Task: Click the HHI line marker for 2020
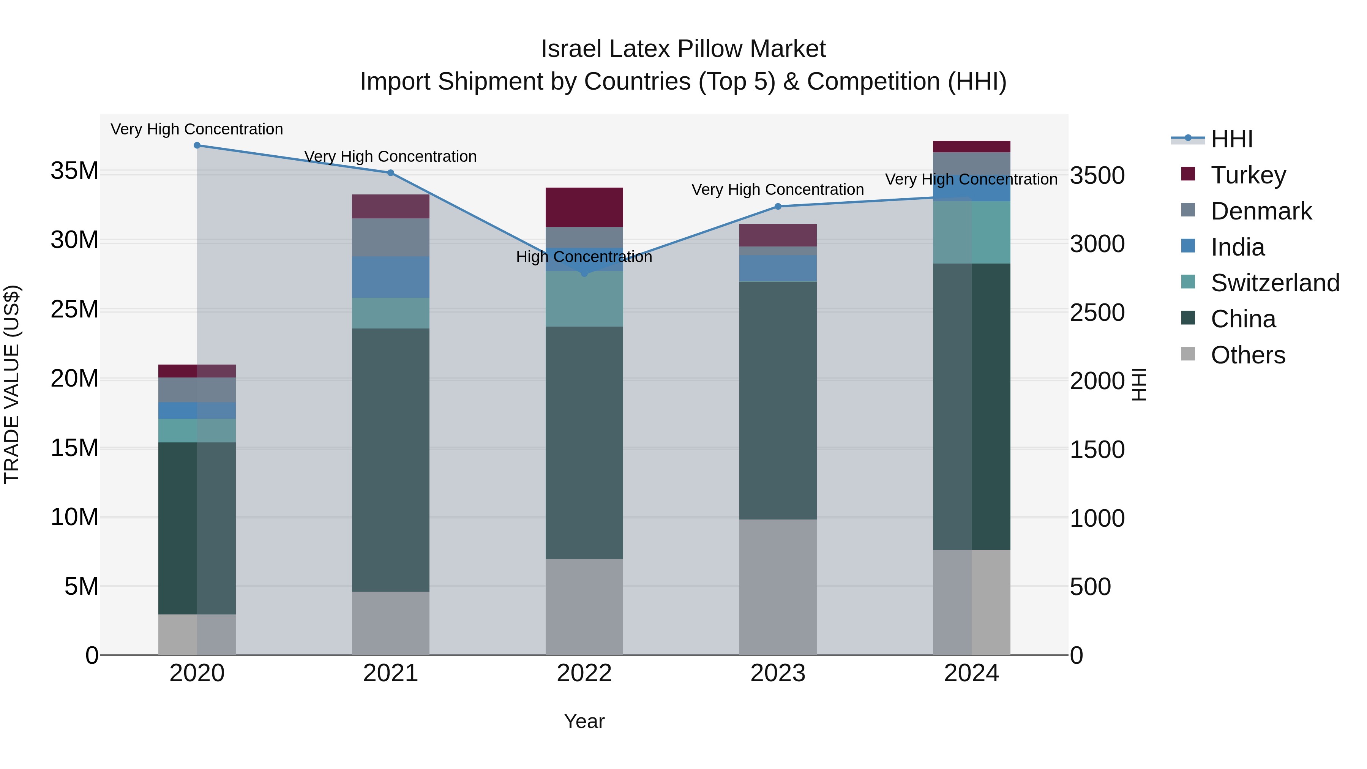pyautogui.click(x=197, y=145)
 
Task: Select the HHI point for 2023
pyautogui.click(x=778, y=207)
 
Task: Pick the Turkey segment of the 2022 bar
pyautogui.click(x=584, y=207)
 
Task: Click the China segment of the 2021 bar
pyautogui.click(x=391, y=460)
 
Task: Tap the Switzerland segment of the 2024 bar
pyautogui.click(x=972, y=232)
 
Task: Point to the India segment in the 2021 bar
pyautogui.click(x=391, y=277)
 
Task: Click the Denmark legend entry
pyautogui.click(x=1261, y=211)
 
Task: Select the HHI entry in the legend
pyautogui.click(x=1231, y=139)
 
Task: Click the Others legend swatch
pyautogui.click(x=1188, y=354)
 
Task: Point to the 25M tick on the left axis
pyautogui.click(x=75, y=309)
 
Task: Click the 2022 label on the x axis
pyautogui.click(x=584, y=673)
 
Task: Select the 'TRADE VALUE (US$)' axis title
pyautogui.click(x=12, y=384)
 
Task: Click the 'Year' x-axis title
pyautogui.click(x=584, y=721)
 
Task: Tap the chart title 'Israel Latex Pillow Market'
pyautogui.click(x=683, y=49)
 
